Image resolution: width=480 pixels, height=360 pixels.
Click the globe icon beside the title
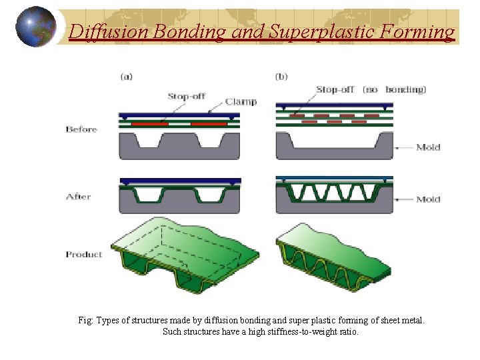35,27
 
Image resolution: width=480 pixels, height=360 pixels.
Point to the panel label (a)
126,77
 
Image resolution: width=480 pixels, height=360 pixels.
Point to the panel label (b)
281,77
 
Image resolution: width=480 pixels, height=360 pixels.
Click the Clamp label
241,102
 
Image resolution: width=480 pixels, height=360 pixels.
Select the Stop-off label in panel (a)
186,96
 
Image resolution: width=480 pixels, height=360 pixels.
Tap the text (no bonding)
395,89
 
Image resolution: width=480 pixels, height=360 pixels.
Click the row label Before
81,129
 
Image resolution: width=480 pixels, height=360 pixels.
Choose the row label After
78,197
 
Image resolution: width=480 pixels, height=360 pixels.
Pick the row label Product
84,254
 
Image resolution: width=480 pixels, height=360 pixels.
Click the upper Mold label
428,147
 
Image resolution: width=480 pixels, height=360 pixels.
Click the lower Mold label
428,199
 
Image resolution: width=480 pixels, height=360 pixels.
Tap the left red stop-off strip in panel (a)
149,124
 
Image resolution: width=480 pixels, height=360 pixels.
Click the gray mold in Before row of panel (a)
178,149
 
